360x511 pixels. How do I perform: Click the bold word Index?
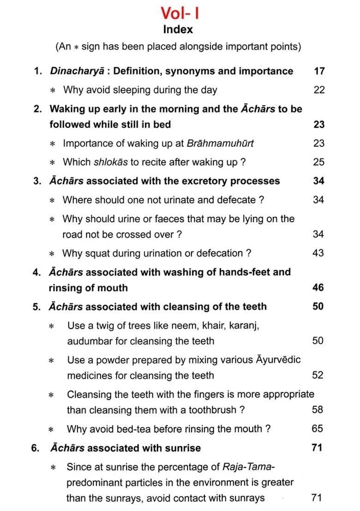178,30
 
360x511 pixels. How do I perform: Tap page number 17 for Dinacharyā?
319,71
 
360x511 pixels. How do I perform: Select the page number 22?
319,90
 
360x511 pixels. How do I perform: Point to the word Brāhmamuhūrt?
220,143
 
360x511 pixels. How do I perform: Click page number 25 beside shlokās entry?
319,162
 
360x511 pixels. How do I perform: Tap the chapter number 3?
36,181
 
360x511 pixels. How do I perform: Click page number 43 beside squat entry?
318,253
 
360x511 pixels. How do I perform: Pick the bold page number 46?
318,288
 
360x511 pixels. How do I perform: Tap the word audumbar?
88,341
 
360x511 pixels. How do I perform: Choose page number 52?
318,375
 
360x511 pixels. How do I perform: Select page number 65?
317,428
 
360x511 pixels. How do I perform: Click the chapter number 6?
36,448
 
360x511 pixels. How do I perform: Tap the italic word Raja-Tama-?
249,467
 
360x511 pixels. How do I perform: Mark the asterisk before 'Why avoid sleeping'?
52,90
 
